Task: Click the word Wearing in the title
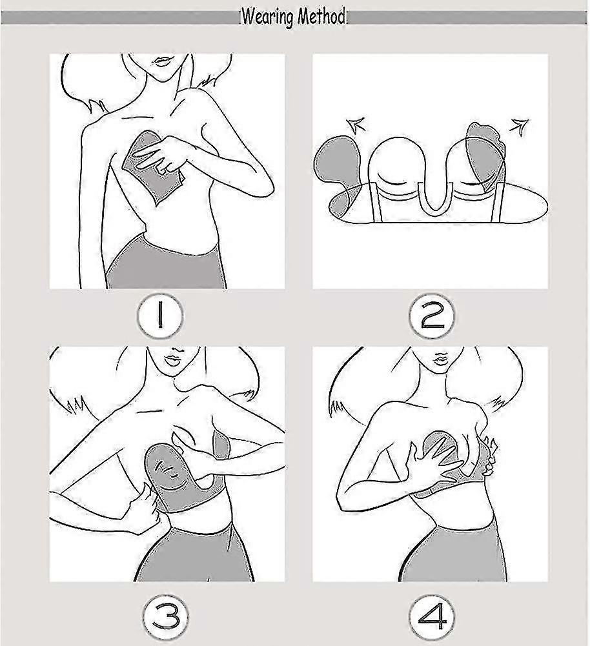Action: [x=268, y=17]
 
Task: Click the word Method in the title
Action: [x=321, y=17]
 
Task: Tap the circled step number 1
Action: [x=160, y=316]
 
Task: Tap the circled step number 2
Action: [x=432, y=317]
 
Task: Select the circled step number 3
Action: [x=166, y=618]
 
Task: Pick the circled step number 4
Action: [x=432, y=617]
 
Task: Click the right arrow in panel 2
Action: [x=519, y=126]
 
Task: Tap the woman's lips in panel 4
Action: [x=440, y=357]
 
